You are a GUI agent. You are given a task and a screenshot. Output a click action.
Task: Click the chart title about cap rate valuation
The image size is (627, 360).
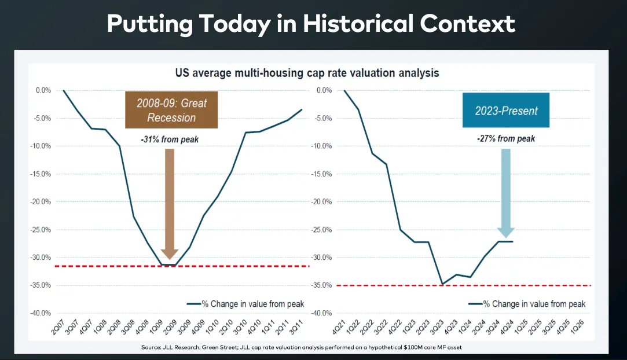point(307,74)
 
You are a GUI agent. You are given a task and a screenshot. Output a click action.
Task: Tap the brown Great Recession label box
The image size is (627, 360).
point(171,110)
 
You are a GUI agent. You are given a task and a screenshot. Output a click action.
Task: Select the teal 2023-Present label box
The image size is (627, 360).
point(507,110)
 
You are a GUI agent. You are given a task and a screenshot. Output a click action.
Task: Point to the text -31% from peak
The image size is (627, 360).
point(169,139)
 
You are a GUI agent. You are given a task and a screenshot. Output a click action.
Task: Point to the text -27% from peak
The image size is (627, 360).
point(506,139)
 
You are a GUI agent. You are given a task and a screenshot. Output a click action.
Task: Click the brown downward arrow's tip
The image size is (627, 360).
point(170,258)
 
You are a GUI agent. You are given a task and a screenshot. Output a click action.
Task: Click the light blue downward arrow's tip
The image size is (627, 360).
point(506,236)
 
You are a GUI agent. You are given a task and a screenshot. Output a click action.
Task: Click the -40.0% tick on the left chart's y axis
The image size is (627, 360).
point(43,313)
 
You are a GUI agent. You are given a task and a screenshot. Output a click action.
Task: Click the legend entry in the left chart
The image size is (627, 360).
point(246,304)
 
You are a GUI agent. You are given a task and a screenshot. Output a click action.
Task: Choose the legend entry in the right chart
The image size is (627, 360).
point(527,304)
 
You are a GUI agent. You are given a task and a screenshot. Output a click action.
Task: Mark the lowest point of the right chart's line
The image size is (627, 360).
point(442,284)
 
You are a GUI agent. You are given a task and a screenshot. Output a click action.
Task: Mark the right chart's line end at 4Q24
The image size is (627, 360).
point(512,241)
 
